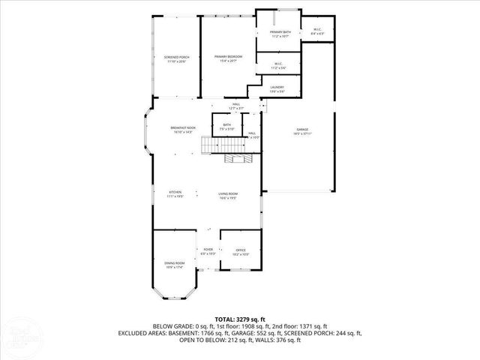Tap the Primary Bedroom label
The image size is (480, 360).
227,58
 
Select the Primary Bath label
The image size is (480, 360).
279,34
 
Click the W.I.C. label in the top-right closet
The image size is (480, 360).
317,31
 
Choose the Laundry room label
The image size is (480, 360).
277,89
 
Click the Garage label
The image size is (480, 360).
301,131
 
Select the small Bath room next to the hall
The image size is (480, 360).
226,127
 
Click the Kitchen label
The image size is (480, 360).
175,193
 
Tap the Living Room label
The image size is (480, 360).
228,196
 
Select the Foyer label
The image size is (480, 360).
208,251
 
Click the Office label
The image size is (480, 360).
241,251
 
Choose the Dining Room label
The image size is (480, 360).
173,265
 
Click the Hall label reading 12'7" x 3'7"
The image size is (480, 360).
235,106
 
